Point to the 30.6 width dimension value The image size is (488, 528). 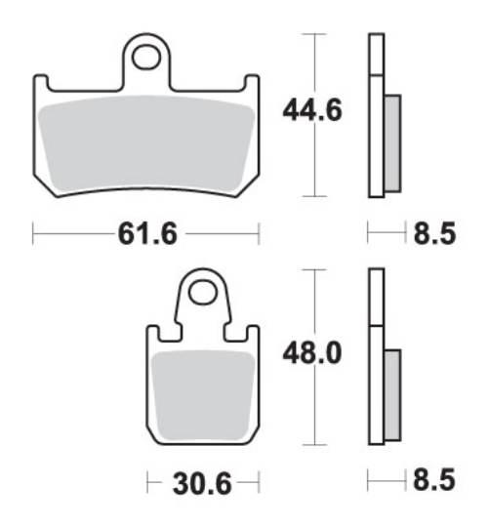pyautogui.click(x=202, y=483)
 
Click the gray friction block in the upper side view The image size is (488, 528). pyautogui.click(x=392, y=142)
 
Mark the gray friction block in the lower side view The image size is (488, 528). pyautogui.click(x=392, y=393)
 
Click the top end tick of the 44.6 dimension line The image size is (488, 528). pyautogui.click(x=312, y=34)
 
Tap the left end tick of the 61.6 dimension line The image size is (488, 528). pyautogui.click(x=33, y=234)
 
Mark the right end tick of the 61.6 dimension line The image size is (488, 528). pyautogui.click(x=259, y=234)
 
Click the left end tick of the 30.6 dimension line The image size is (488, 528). pyautogui.click(x=147, y=483)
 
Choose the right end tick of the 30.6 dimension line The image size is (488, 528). pyautogui.click(x=257, y=483)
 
